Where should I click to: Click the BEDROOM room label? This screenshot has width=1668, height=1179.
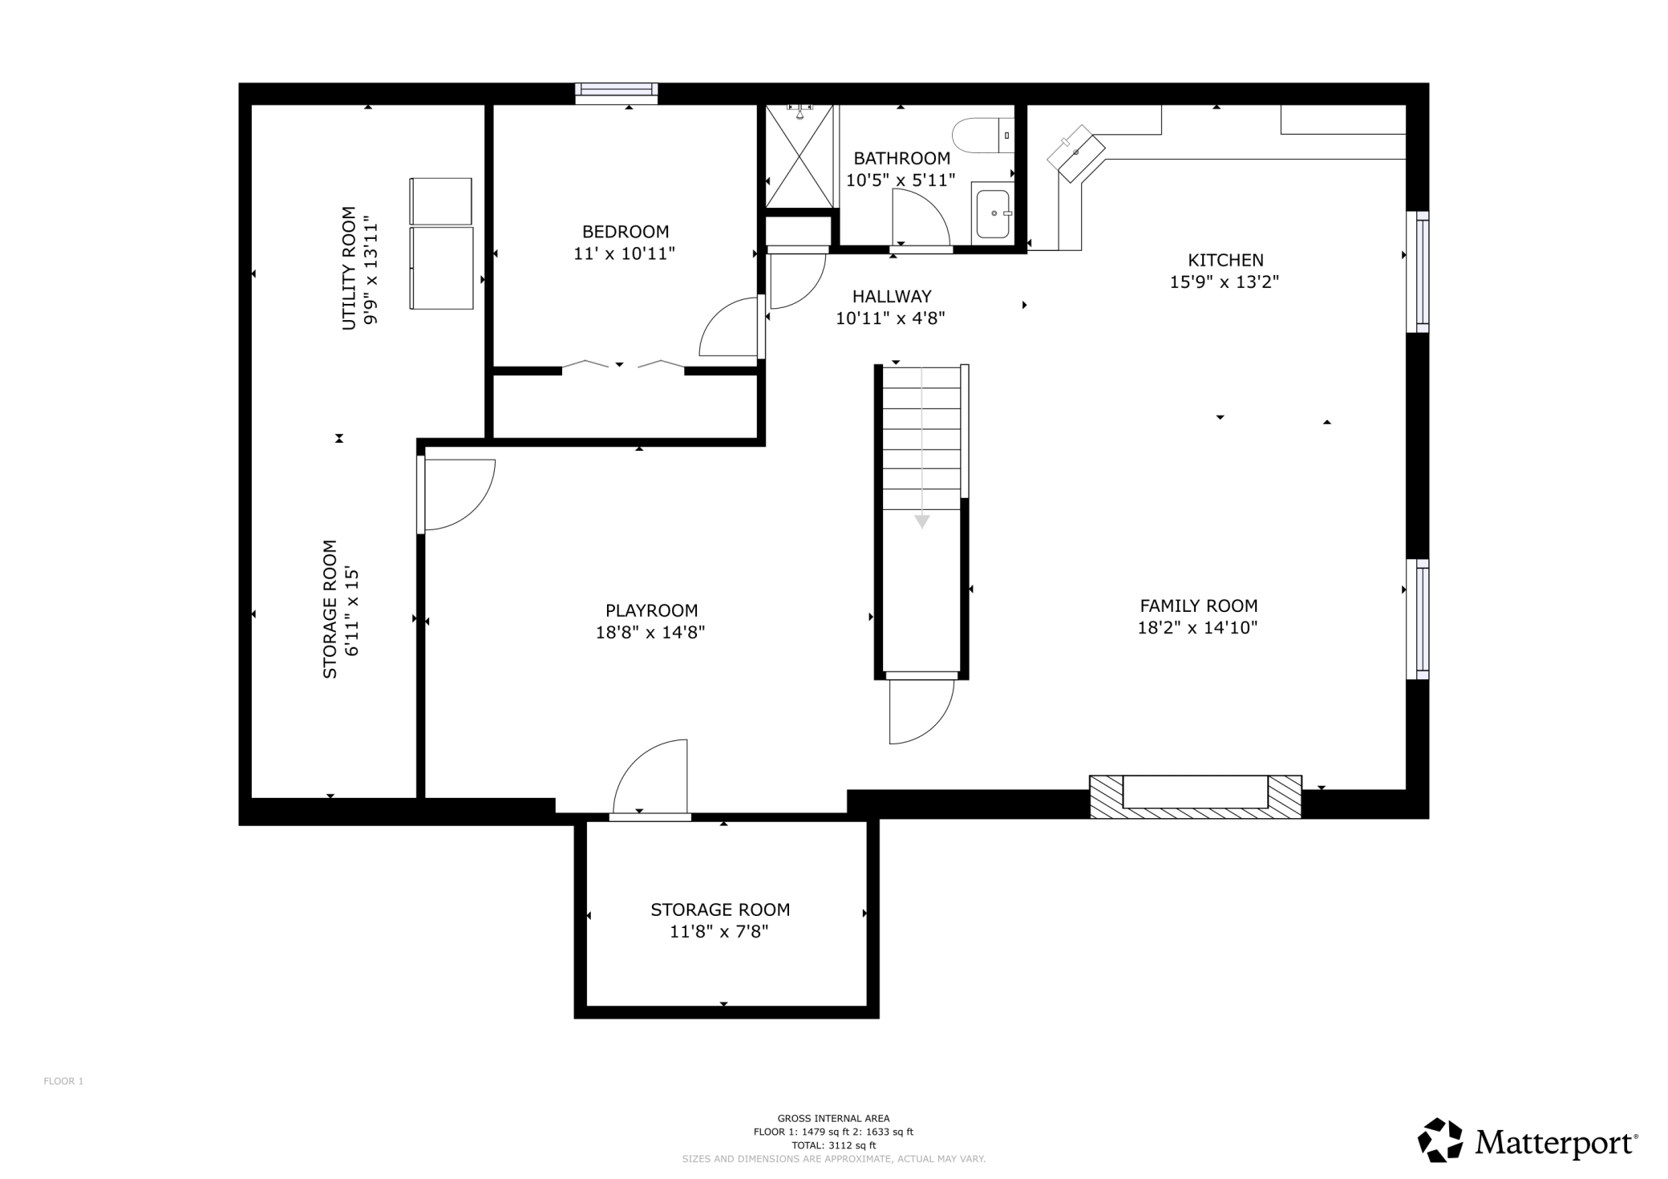(625, 232)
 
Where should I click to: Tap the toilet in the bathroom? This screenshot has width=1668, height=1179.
(984, 136)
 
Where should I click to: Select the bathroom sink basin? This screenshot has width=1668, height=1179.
(993, 213)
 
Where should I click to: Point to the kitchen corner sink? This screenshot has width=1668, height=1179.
(1076, 153)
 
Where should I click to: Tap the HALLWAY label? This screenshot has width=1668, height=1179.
(892, 297)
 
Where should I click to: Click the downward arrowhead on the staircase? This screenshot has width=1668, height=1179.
(922, 522)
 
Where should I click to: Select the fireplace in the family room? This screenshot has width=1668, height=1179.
(1195, 796)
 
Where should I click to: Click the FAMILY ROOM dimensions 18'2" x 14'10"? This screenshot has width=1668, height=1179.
(1197, 628)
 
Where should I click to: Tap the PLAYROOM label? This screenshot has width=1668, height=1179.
(651, 611)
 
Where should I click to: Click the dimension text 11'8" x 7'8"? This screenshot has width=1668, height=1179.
(719, 932)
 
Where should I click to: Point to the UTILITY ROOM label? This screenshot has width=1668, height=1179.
(349, 268)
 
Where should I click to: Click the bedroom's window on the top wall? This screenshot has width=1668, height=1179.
(617, 93)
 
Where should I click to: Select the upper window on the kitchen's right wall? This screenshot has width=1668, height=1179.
(1418, 271)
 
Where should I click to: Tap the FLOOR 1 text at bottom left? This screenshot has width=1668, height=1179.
(63, 1081)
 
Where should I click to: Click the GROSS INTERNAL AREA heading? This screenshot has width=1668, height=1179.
(833, 1119)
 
